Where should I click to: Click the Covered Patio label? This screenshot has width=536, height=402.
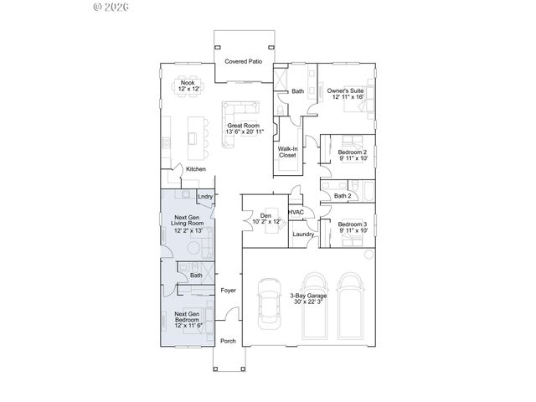point(243,62)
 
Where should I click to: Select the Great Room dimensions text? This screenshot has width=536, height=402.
point(245,132)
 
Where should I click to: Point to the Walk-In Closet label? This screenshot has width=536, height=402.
point(288,151)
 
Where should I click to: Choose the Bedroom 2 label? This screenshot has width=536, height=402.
point(353,152)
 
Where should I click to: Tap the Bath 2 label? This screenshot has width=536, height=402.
point(343,196)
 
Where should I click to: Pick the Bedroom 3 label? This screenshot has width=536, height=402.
point(353,224)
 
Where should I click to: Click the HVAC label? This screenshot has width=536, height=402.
point(296,213)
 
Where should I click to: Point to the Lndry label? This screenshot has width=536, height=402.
point(204,197)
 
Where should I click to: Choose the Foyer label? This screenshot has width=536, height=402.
point(228,291)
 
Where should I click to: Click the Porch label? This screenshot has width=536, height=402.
point(228,341)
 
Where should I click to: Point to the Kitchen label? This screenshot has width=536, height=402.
point(196,169)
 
